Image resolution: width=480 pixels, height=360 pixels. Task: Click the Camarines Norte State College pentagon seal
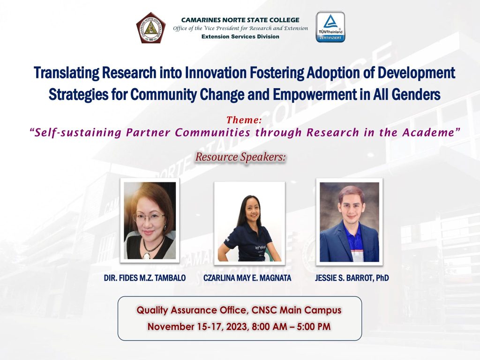pyautogui.click(x=151, y=28)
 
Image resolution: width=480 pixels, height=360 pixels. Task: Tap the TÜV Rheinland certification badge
pyautogui.click(x=330, y=27)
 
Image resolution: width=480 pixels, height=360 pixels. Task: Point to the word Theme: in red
pyautogui.click(x=244, y=120)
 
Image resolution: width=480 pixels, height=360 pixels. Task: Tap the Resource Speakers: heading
pyautogui.click(x=240, y=157)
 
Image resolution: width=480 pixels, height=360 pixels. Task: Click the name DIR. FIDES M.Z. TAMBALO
pyautogui.click(x=145, y=278)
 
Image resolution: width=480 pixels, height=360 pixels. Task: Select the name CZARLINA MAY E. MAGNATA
pyautogui.click(x=247, y=278)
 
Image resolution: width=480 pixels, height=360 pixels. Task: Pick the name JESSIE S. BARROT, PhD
pyautogui.click(x=352, y=278)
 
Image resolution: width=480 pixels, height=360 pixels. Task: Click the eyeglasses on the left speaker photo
pyautogui.click(x=148, y=217)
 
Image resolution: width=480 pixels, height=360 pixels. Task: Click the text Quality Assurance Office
pyautogui.click(x=192, y=310)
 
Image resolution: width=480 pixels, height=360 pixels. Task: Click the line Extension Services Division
pyautogui.click(x=240, y=37)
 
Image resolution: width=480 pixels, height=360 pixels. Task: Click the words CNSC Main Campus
pyautogui.click(x=296, y=310)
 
